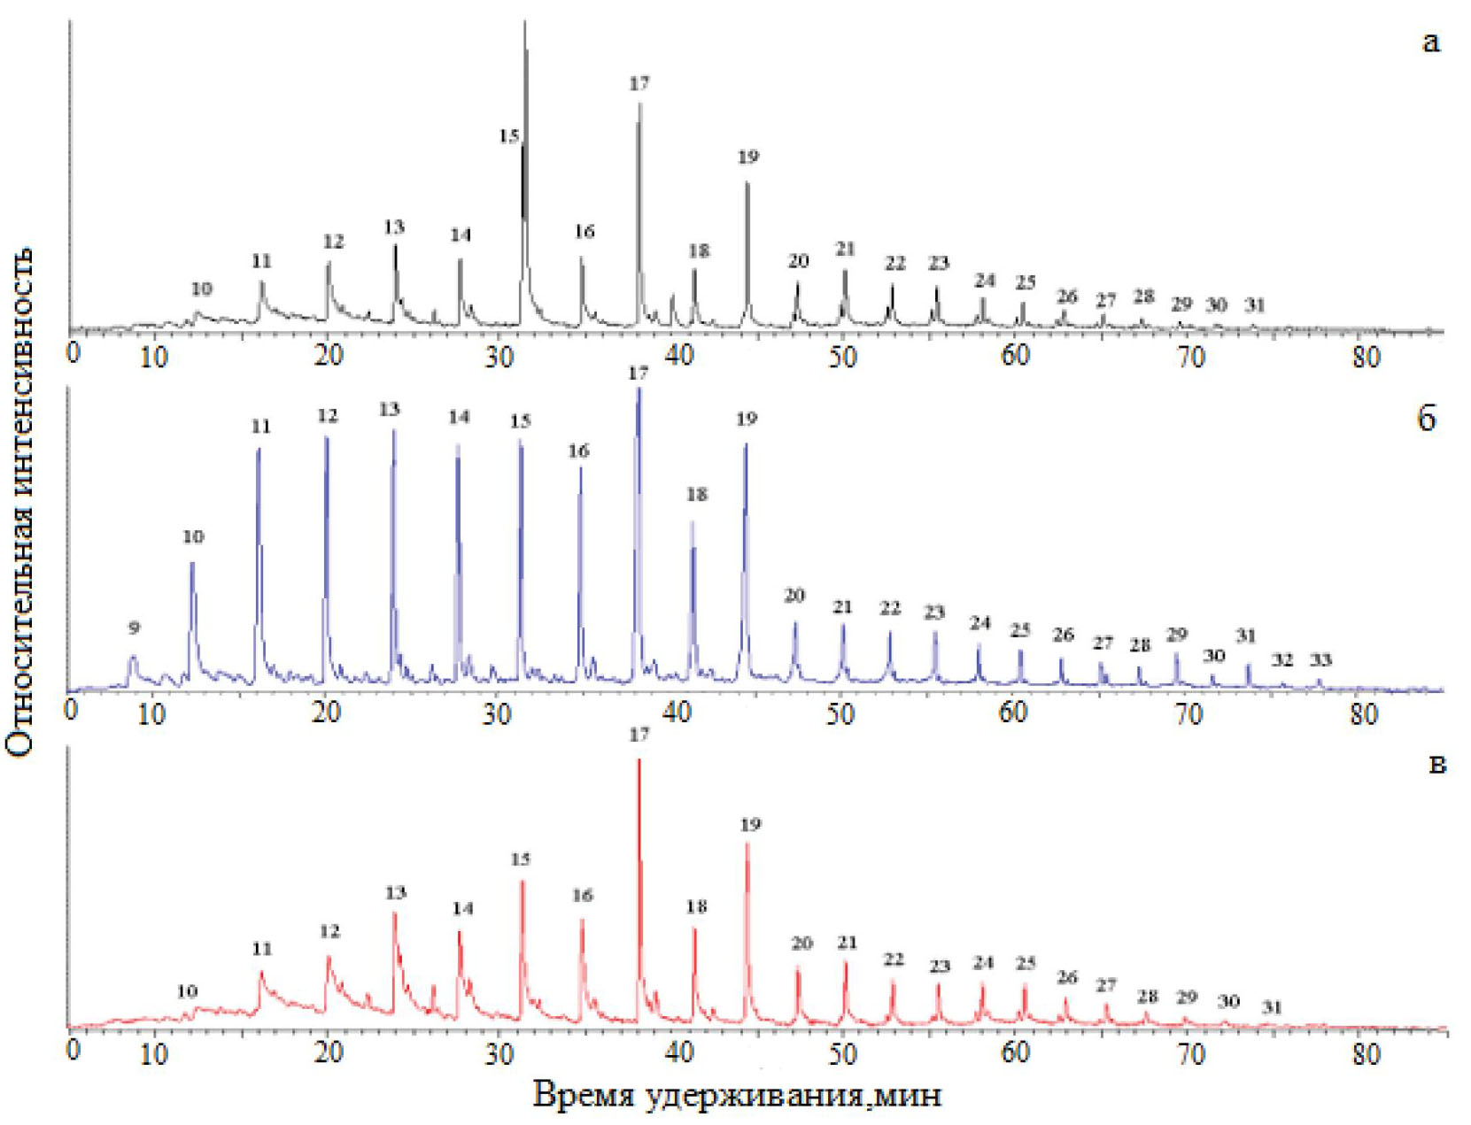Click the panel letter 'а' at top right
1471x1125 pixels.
coord(1430,42)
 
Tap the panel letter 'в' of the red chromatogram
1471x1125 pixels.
coord(1437,763)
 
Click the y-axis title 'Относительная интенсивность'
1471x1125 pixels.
coord(19,501)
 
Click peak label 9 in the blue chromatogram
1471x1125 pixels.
coord(134,628)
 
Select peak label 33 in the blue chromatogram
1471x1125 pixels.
coord(1320,659)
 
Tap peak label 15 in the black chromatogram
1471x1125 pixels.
coord(508,136)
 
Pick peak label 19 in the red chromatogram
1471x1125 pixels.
coord(749,825)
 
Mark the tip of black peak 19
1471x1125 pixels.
coord(747,183)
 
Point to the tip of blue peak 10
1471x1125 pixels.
coord(192,563)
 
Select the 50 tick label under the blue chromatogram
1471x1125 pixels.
coord(840,713)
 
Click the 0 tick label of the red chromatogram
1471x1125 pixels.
coord(74,1050)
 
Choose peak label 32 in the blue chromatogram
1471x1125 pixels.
coord(1281,660)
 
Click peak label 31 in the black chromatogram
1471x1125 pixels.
coord(1254,305)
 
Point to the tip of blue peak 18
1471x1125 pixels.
coord(693,522)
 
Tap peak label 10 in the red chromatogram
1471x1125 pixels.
coord(187,991)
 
